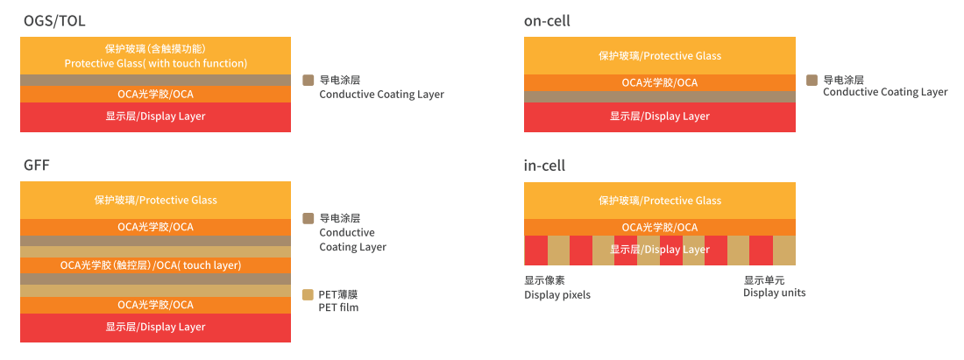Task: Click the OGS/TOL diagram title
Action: point(54,21)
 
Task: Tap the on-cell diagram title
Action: point(547,21)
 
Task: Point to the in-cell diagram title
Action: point(545,166)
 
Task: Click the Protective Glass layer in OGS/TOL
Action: point(155,56)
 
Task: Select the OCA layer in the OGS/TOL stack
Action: point(155,94)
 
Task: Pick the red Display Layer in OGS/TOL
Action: point(155,117)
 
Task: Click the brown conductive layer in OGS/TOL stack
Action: point(155,81)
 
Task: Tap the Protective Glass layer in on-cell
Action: point(660,56)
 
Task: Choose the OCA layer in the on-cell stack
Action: point(660,83)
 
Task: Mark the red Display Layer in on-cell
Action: point(660,117)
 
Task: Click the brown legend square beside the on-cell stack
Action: point(812,80)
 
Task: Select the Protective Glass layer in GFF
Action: point(155,201)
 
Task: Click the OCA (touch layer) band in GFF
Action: point(155,265)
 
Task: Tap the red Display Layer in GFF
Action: point(155,328)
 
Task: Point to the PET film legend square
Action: point(308,294)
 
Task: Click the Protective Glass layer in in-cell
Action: point(660,201)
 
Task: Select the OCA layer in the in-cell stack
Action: point(660,228)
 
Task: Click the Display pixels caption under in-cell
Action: point(557,287)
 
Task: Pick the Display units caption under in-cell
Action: point(774,286)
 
